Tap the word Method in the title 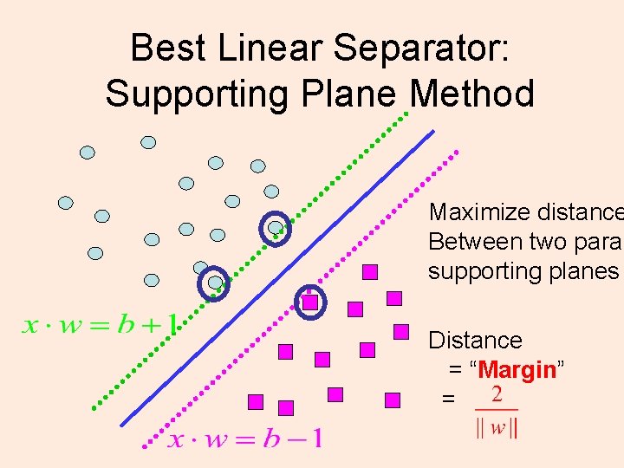point(473,94)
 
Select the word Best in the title point(169,49)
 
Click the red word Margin point(517,370)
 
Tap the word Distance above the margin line point(475,341)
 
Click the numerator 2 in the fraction point(497,395)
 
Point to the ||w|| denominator point(497,427)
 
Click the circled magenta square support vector point(309,302)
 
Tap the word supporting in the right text point(486,271)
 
